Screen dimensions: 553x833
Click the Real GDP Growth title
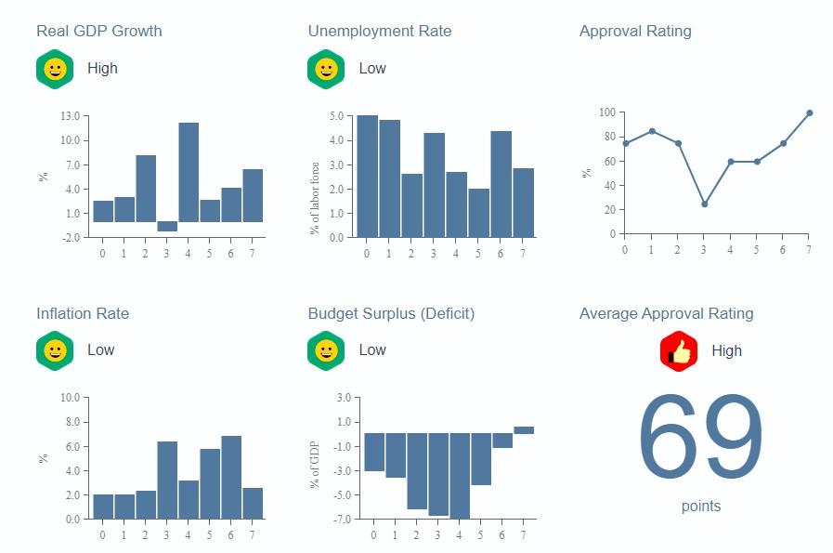pos(98,31)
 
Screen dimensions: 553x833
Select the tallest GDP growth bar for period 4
pos(189,172)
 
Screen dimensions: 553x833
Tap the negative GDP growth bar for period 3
pos(167,227)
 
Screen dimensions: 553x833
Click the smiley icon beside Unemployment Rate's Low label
pos(326,69)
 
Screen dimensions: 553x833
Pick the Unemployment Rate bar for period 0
pos(367,177)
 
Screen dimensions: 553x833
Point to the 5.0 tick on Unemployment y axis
pos(335,116)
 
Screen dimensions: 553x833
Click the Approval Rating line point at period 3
pos(704,204)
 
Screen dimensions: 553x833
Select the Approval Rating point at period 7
pos(809,113)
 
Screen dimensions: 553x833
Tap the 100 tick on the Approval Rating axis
pos(607,112)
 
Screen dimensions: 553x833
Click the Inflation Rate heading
pos(83,313)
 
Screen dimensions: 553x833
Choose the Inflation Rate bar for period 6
pos(231,477)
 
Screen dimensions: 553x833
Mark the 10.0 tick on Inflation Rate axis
pos(70,398)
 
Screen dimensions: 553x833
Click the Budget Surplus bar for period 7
pos(524,430)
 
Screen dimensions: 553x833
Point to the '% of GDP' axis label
pos(315,465)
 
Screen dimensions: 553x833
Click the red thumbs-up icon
pos(679,350)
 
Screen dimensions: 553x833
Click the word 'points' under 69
pos(700,507)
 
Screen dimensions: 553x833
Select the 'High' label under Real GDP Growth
pos(102,69)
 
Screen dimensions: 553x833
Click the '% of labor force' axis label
pos(315,198)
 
